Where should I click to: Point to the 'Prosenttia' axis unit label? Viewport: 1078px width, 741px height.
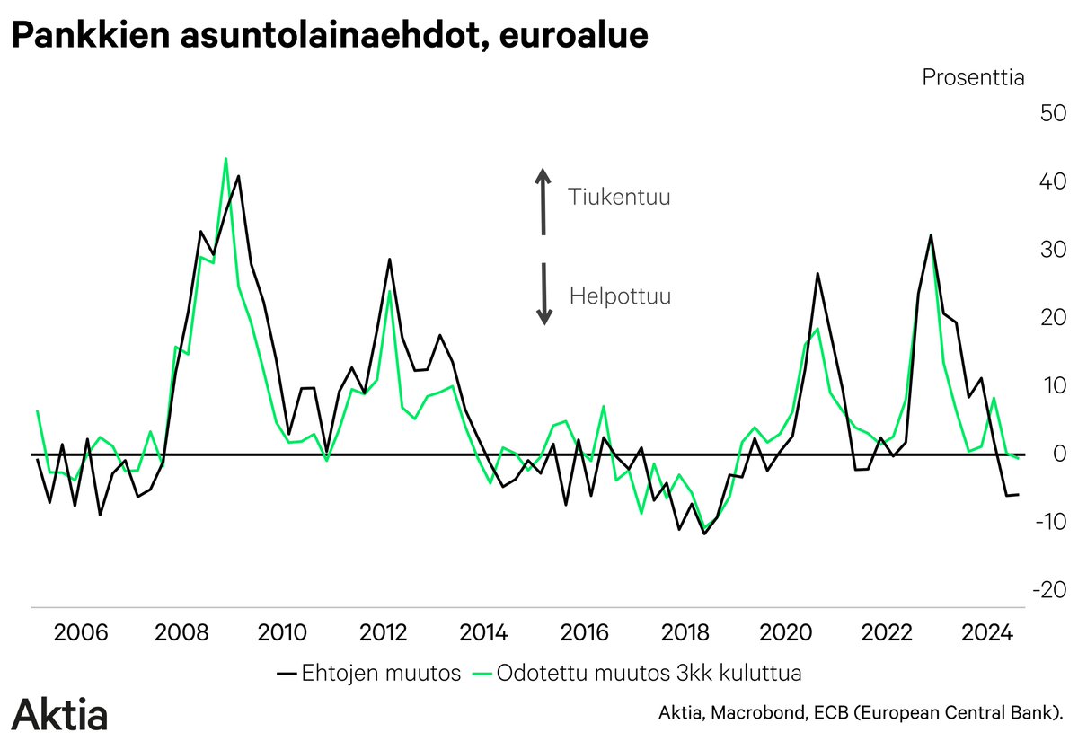(x=973, y=77)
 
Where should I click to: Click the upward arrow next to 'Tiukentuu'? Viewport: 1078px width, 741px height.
(x=543, y=201)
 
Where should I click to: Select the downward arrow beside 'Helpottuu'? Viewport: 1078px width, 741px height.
(x=543, y=293)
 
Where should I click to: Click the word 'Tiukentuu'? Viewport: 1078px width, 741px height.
(x=619, y=197)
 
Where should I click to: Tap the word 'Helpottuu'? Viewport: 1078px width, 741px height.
(x=620, y=296)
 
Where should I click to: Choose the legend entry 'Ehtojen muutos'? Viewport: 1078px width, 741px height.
(x=368, y=673)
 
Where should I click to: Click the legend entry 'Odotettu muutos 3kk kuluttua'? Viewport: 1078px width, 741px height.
(x=637, y=673)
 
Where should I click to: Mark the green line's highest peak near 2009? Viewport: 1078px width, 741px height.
(x=225, y=159)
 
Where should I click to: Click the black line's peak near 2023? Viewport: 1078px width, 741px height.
(x=931, y=235)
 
